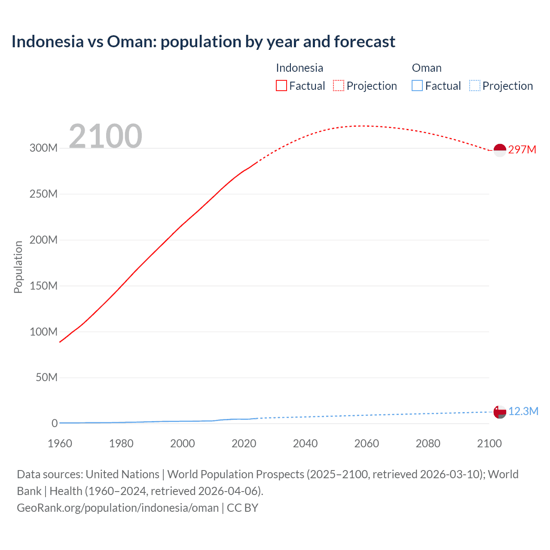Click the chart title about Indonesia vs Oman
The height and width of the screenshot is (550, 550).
203,42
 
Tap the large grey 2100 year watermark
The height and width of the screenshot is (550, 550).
105,136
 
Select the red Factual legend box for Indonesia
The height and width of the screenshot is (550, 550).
281,86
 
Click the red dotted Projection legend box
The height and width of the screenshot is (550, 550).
339,86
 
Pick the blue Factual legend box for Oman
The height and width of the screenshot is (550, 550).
417,86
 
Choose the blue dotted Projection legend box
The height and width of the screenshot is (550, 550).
475,86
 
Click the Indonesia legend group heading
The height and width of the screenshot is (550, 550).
299,68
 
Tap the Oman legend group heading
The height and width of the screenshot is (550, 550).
427,68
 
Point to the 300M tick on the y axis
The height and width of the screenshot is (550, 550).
43,148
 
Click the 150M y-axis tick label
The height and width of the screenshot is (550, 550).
43,286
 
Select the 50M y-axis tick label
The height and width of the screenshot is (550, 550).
46,377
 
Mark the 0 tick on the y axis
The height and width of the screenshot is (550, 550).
55,423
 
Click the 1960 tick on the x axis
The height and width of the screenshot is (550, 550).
60,443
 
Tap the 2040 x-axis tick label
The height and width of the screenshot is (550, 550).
305,443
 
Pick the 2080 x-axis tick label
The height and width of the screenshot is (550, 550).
428,443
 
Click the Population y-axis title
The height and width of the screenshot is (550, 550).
18,267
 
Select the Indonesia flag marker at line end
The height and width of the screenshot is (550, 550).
500,150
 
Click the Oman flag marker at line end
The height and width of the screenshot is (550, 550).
500,412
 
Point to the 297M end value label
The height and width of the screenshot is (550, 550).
522,150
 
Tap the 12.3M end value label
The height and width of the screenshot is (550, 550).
523,411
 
